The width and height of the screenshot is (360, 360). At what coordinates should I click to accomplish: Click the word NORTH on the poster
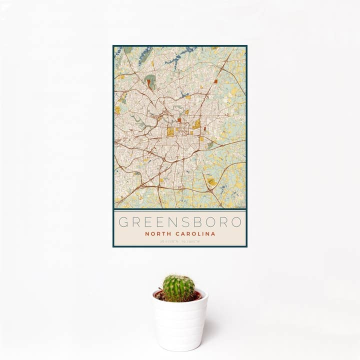[x=156, y=233]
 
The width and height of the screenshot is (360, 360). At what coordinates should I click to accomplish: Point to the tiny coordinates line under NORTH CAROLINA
[x=180, y=241]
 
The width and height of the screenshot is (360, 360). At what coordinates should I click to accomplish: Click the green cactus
[x=178, y=288]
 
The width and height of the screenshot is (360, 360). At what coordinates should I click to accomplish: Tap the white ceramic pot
[x=180, y=325]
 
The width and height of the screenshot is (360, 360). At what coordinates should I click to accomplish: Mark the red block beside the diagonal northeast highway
[x=215, y=80]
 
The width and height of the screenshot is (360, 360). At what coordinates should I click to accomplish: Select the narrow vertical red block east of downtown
[x=204, y=128]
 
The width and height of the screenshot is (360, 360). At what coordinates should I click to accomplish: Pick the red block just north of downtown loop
[x=179, y=120]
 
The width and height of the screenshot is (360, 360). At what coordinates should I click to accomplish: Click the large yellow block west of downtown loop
[x=170, y=132]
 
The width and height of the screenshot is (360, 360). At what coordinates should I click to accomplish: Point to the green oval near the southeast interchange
[x=211, y=182]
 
